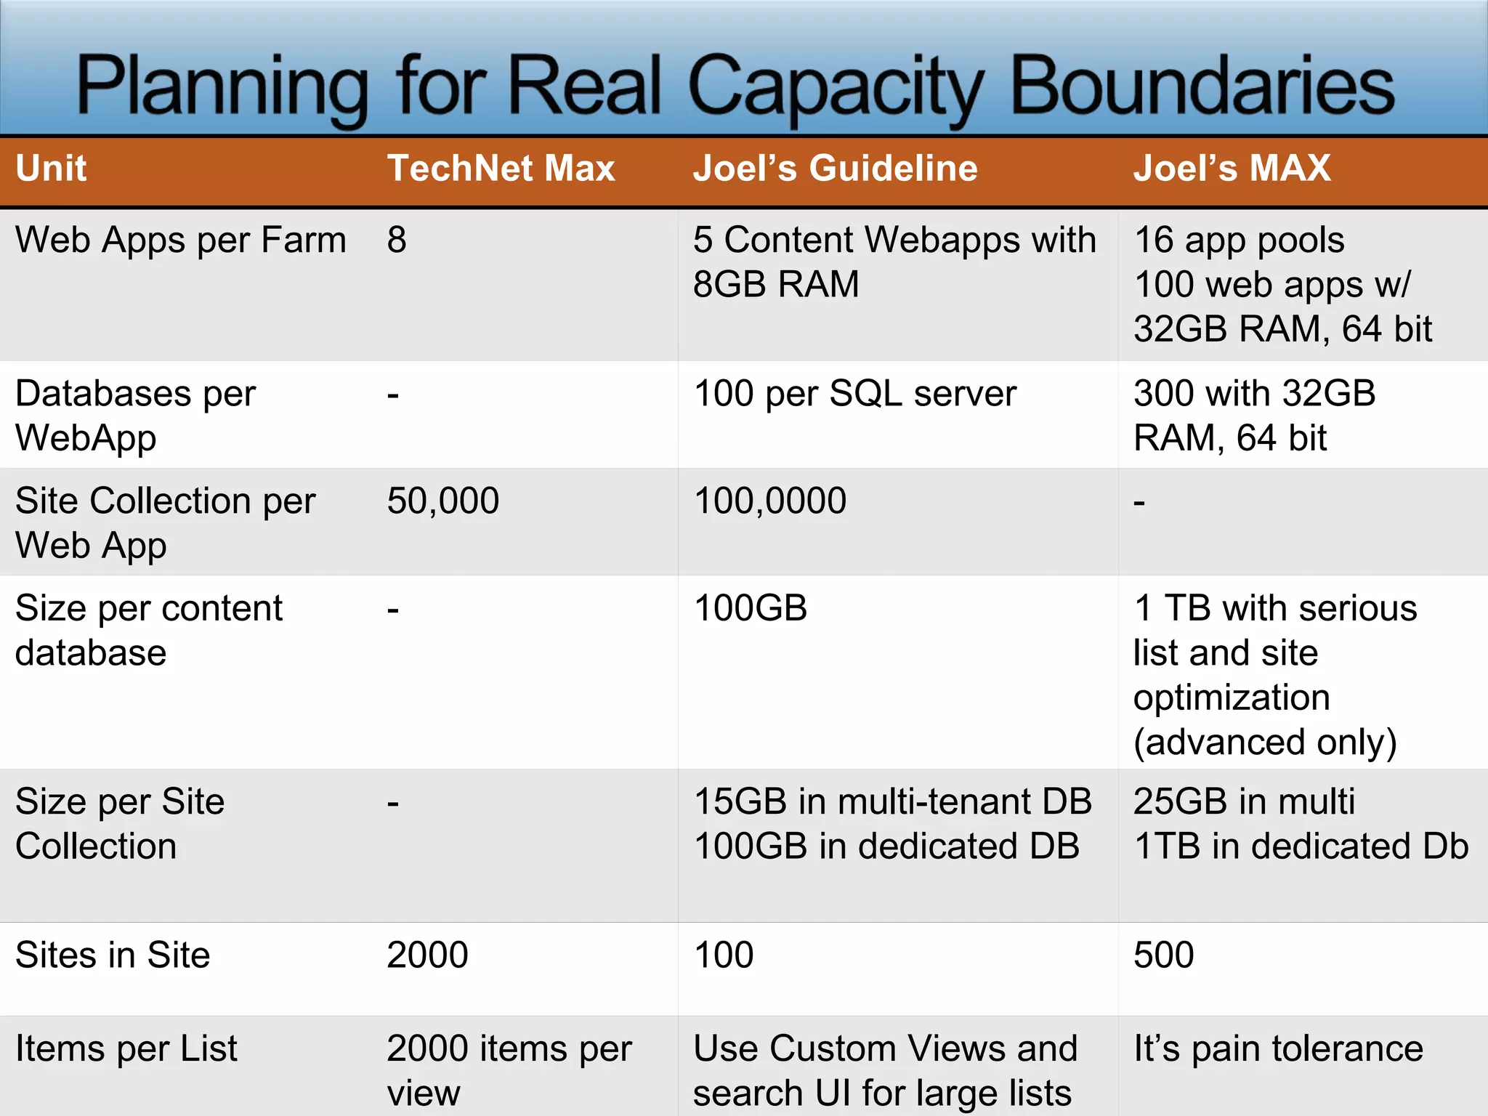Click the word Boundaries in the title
1202,86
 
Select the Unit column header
51,169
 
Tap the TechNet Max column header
501,169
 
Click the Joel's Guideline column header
835,169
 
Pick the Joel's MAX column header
1232,169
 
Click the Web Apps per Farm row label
180,240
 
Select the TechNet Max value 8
397,240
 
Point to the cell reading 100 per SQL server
854,395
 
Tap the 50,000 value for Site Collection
442,501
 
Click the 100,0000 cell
769,501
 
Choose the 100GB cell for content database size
750,608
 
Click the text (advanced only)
1264,743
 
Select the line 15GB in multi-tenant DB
892,802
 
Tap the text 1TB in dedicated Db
1301,846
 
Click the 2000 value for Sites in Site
427,955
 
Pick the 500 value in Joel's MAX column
1163,955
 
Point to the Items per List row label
126,1049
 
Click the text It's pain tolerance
1277,1049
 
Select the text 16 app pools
1239,240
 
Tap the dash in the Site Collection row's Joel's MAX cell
1139,503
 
